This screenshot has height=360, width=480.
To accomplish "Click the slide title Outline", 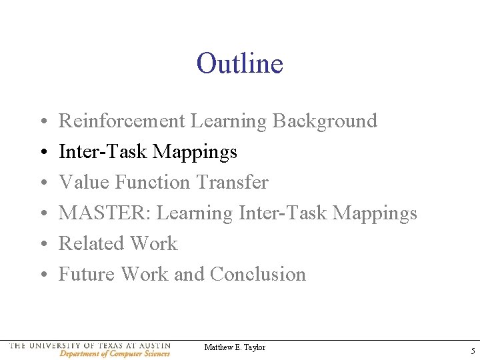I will coord(240,64).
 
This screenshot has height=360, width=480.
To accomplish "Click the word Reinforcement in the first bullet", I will coord(122,121).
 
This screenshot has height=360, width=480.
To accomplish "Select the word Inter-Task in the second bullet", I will coord(103,152).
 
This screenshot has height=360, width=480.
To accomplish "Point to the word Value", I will coord(84,182).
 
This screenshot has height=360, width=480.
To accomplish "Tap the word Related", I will coord(91,243).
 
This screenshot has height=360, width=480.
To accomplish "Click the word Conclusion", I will coord(257,274).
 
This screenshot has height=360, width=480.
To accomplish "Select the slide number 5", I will coord(472,351).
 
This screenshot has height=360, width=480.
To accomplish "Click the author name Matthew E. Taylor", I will coord(235,347).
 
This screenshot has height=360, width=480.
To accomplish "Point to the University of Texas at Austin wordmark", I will coord(90,345).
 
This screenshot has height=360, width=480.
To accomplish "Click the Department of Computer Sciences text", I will coord(114,353).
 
